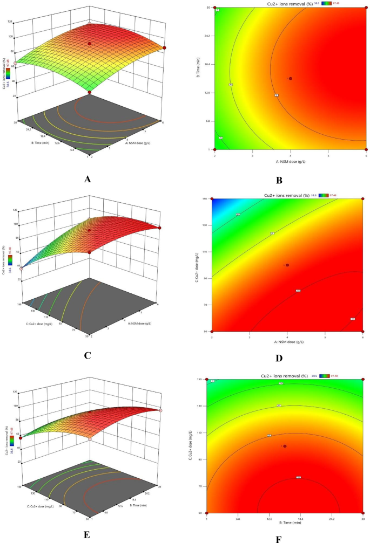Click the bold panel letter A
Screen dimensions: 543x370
coord(87,180)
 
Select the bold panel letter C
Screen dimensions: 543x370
coord(88,355)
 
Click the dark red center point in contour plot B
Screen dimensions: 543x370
coord(291,79)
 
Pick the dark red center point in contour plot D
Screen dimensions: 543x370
coord(287,265)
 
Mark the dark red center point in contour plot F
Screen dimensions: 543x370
coord(285,446)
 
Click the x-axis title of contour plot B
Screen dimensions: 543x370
coord(290,161)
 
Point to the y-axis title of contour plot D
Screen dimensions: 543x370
coord(197,265)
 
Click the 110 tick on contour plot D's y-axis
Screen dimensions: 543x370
coord(206,252)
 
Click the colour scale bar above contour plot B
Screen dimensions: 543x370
coord(327,3)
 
